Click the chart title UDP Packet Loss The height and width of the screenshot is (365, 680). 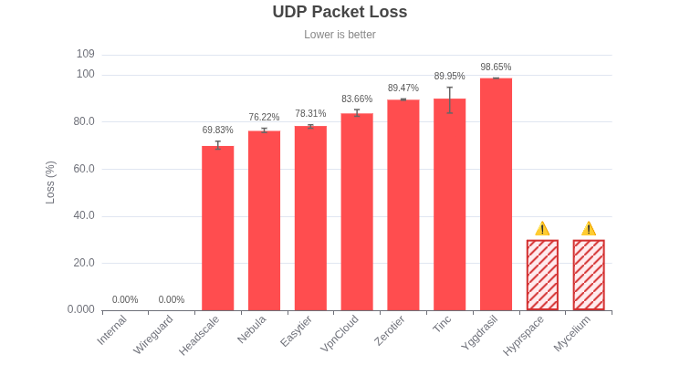click(x=340, y=12)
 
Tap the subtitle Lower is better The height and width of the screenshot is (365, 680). click(x=340, y=35)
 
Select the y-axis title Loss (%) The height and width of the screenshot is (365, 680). click(x=50, y=182)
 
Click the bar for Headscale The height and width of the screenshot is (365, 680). click(x=217, y=228)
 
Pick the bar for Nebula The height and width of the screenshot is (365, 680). click(x=264, y=221)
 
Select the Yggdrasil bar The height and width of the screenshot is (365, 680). click(x=496, y=194)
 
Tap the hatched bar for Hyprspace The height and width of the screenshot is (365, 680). click(x=542, y=275)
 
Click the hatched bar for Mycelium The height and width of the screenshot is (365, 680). click(x=589, y=275)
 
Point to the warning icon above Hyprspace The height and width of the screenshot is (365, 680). click(x=542, y=228)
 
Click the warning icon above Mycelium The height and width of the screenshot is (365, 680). click(x=589, y=228)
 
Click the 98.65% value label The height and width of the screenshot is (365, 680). click(x=496, y=68)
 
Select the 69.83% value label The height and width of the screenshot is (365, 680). click(x=217, y=130)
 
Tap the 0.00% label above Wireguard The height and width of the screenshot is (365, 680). click(x=172, y=300)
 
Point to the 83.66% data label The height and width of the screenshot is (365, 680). click(x=357, y=99)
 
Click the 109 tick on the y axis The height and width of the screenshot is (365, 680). click(x=86, y=54)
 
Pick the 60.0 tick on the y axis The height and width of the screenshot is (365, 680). click(x=84, y=169)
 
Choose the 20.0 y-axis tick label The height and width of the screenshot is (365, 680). click(x=84, y=263)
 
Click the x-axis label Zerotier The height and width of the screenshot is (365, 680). click(x=390, y=330)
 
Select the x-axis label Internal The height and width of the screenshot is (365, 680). click(x=112, y=330)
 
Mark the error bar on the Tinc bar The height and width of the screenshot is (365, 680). click(x=449, y=99)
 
